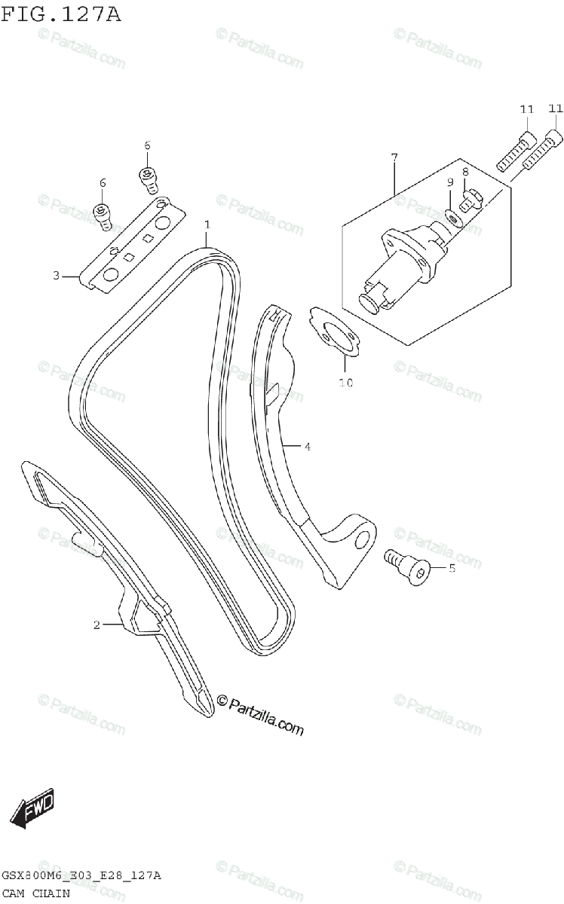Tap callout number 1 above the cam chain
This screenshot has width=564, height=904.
coord(207,224)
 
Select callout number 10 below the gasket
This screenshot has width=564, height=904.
coord(345,383)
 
